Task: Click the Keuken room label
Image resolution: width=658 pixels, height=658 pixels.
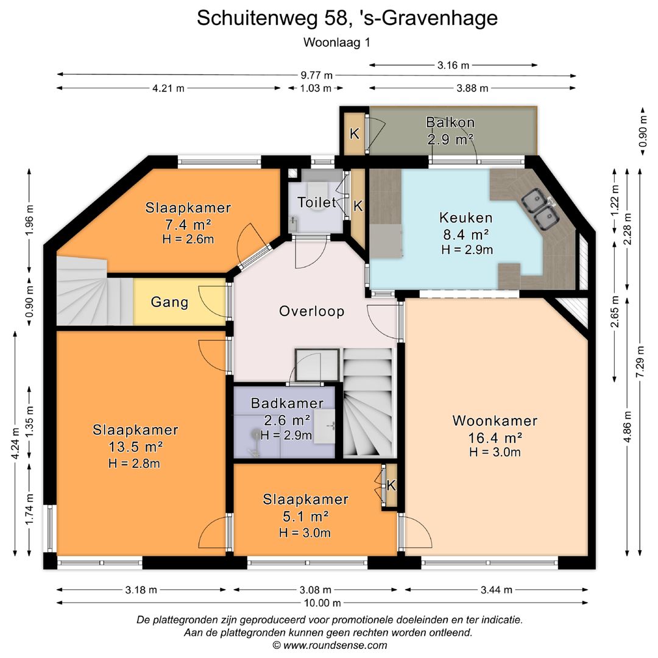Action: click(x=466, y=218)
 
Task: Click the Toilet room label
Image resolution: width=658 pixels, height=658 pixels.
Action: click(x=317, y=202)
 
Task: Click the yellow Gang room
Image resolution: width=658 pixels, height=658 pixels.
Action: click(x=170, y=302)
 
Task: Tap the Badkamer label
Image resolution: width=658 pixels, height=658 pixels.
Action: click(x=286, y=403)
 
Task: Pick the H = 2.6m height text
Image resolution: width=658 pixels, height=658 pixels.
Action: click(x=188, y=239)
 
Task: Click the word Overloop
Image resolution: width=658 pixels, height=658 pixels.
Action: click(x=311, y=311)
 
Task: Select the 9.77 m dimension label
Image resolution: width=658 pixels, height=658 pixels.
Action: click(x=317, y=75)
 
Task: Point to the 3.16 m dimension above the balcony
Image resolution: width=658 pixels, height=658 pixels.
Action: click(x=454, y=65)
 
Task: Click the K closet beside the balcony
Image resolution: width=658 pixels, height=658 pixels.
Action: click(x=353, y=133)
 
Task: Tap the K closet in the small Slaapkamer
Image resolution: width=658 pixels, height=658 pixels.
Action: click(x=391, y=486)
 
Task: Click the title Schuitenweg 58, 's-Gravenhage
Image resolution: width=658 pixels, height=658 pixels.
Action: click(x=347, y=18)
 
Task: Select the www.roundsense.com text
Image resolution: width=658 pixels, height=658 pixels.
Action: click(x=330, y=645)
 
